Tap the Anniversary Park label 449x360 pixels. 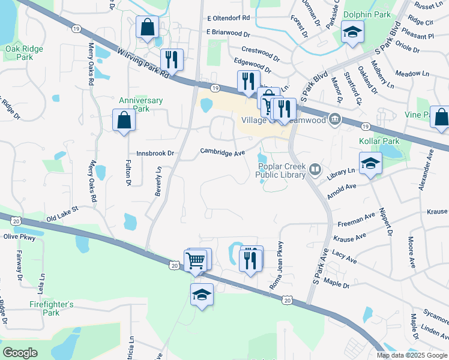[x=141, y=104]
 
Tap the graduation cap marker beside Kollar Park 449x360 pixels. [x=370, y=163]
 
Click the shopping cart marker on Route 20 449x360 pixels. [x=196, y=260]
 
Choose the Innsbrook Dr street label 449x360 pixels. [x=154, y=154]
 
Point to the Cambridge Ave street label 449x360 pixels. [x=223, y=152]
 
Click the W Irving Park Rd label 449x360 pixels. [x=145, y=64]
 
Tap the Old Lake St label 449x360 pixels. [x=62, y=213]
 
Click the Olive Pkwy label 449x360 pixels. [x=20, y=237]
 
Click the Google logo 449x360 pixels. [x=20, y=353]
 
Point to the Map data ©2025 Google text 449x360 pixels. [x=411, y=355]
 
